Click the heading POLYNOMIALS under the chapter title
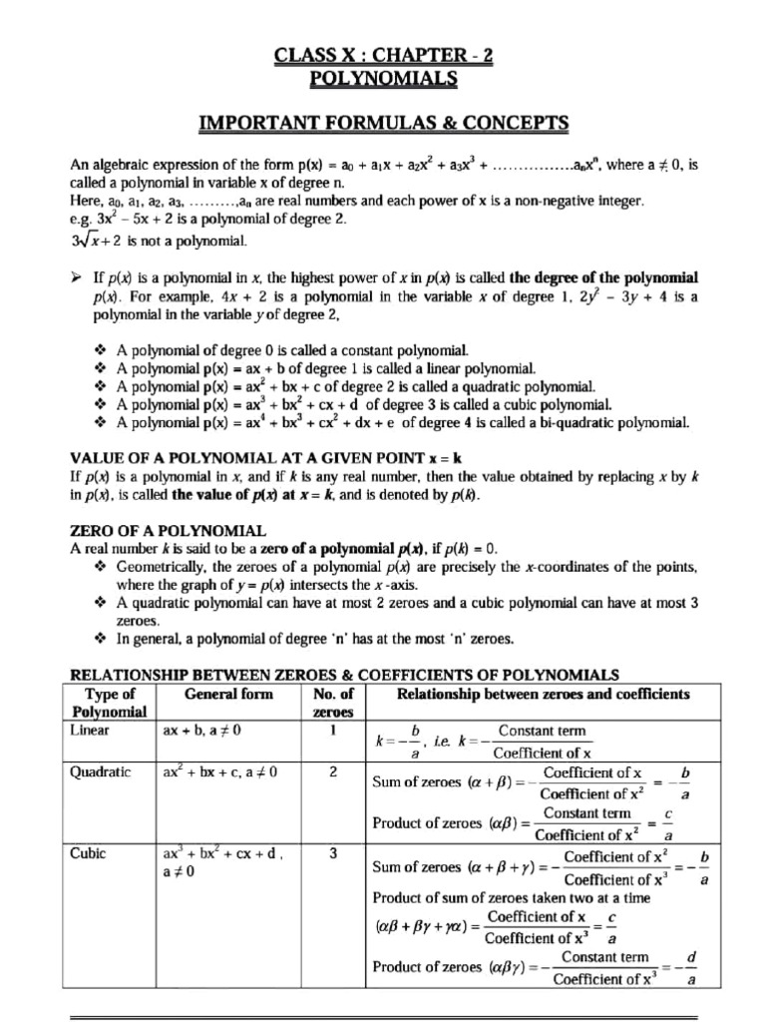click(x=383, y=78)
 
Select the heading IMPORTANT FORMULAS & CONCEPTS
click(x=383, y=123)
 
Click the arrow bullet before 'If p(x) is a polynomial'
click(x=77, y=276)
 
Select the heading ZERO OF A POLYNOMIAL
click(x=167, y=529)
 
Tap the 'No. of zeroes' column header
click(x=333, y=703)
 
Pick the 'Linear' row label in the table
click(x=90, y=731)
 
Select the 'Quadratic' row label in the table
click(x=99, y=771)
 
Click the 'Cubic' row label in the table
click(x=88, y=853)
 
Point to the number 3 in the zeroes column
click(x=332, y=853)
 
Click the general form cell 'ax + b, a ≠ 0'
click(x=201, y=731)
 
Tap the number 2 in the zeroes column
click(x=332, y=771)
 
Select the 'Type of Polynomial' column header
click(x=110, y=703)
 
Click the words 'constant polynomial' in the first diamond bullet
click(x=400, y=350)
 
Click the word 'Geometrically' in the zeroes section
click(x=159, y=567)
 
